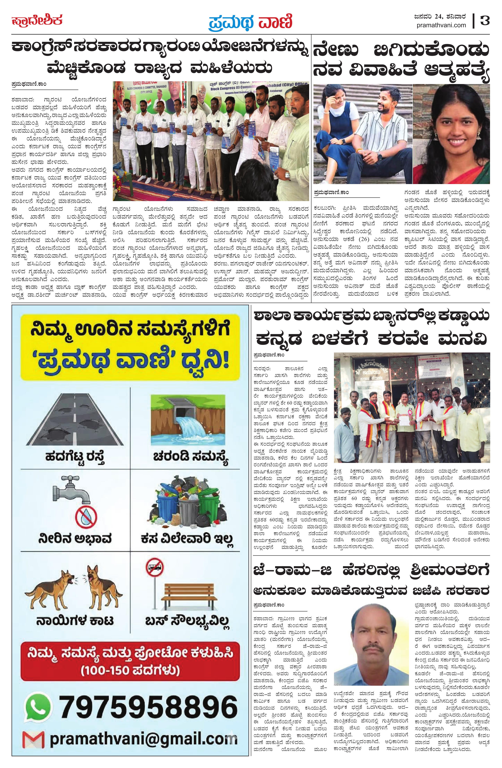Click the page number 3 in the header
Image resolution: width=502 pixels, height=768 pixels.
click(485, 21)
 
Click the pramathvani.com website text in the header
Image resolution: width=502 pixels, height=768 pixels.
click(442, 25)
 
